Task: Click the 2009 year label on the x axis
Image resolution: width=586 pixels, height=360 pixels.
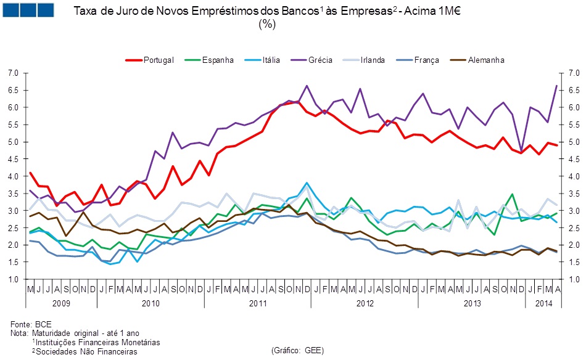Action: (61, 303)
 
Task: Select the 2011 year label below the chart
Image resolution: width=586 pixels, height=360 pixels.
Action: (258, 303)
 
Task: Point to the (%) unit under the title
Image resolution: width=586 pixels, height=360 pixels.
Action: (267, 25)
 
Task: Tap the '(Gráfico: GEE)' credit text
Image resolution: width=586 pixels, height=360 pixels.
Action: (297, 350)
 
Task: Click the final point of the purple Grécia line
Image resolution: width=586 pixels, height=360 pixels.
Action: (557, 86)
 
